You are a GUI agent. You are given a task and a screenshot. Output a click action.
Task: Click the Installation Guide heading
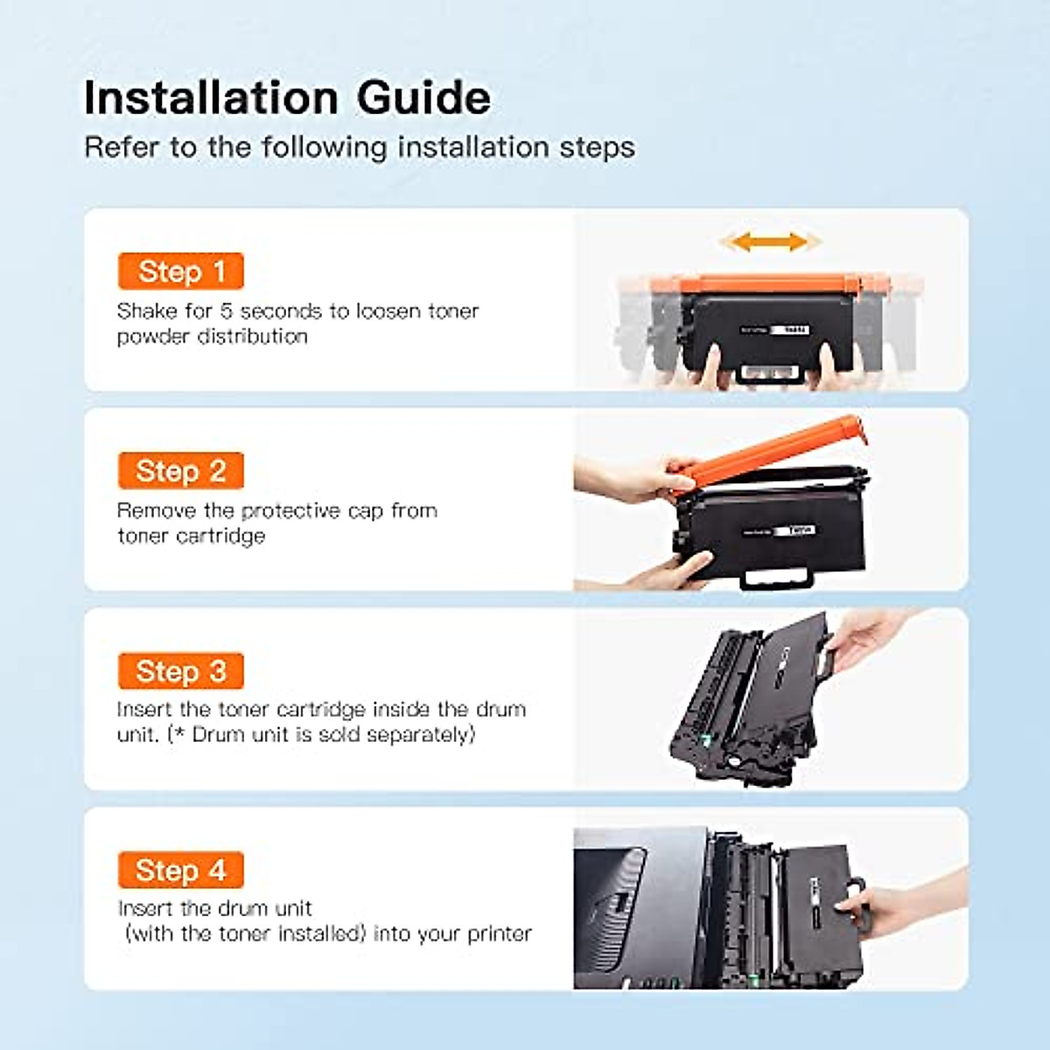point(287,97)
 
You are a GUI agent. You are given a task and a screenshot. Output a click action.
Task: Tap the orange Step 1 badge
point(180,271)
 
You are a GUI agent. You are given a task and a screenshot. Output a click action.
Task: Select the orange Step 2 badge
point(180,471)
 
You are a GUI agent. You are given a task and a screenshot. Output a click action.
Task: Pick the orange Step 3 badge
point(180,671)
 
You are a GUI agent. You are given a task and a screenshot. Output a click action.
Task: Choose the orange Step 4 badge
point(180,871)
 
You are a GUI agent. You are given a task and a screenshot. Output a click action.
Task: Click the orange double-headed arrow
point(769,241)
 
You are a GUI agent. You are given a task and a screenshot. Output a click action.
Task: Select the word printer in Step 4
point(500,934)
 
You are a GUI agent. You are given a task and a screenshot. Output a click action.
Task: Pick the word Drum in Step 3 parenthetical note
point(216,734)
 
